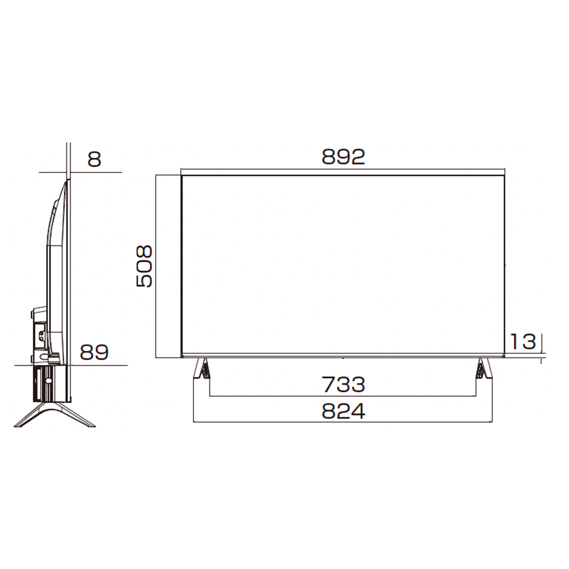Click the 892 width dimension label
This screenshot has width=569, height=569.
coord(343,156)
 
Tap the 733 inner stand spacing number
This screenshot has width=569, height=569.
coord(343,385)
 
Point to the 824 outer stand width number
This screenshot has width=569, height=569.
coord(343,411)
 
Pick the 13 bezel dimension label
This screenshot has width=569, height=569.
coord(522,341)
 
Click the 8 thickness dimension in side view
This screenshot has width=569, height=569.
coord(94,159)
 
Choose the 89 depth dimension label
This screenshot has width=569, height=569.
coord(94,353)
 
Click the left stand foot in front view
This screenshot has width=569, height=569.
coord(201,369)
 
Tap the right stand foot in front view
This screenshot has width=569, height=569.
coord(484,369)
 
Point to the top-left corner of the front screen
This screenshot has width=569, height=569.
coord(182,176)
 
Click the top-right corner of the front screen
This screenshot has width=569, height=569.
coord(505,176)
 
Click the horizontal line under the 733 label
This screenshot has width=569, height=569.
coord(343,396)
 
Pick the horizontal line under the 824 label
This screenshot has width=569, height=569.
coord(343,422)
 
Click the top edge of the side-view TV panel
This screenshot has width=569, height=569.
coord(68,180)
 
